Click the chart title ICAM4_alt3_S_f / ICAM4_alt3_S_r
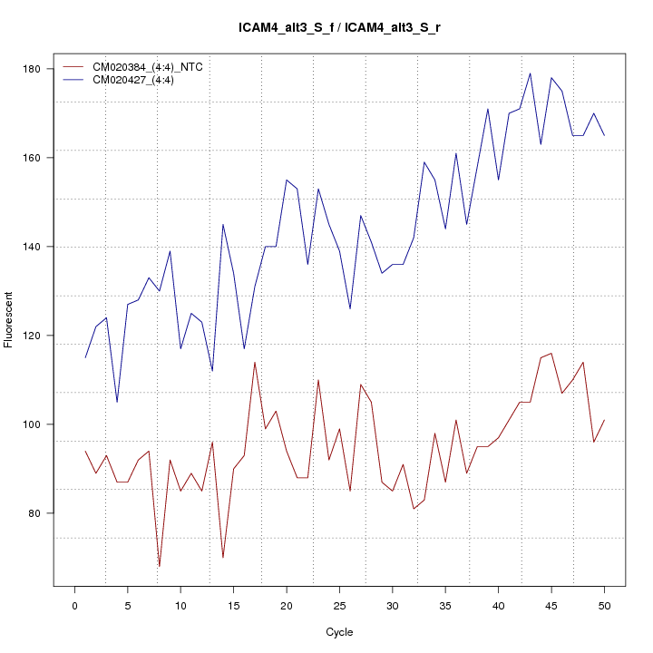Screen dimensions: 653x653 339,28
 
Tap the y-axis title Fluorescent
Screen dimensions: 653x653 9,319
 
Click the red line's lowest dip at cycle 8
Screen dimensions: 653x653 160,567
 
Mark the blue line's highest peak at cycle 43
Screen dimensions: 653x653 530,73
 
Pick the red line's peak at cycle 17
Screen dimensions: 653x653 255,362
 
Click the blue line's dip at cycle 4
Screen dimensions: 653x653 117,402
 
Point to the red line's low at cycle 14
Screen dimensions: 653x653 223,558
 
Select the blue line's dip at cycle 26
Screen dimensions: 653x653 350,309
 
